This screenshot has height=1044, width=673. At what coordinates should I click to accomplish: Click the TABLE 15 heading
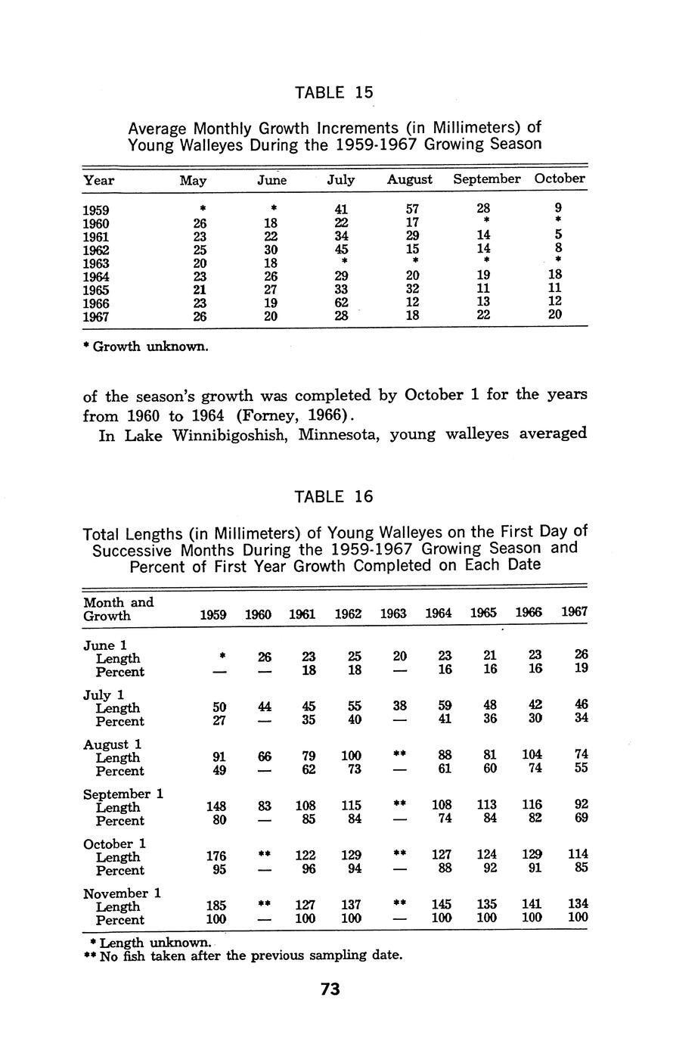(x=333, y=92)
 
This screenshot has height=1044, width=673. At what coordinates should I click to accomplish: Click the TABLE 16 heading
(x=333, y=496)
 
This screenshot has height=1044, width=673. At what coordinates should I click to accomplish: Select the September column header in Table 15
(x=486, y=179)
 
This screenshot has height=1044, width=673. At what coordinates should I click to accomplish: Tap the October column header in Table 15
(x=560, y=179)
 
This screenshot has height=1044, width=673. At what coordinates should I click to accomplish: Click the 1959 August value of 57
(x=412, y=210)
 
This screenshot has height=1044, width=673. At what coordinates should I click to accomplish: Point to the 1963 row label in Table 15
(x=96, y=263)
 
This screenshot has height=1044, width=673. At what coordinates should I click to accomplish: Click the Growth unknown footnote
(x=144, y=347)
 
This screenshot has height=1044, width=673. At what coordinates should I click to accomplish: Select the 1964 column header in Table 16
(x=439, y=614)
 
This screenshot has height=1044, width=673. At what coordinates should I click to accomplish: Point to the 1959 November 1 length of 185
(x=216, y=904)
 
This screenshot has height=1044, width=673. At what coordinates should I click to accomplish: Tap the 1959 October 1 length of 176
(x=216, y=855)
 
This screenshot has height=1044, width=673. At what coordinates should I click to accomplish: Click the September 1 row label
(x=123, y=794)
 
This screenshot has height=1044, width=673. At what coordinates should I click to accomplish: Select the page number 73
(x=330, y=990)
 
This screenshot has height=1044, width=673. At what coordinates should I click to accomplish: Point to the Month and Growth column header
(x=118, y=609)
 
